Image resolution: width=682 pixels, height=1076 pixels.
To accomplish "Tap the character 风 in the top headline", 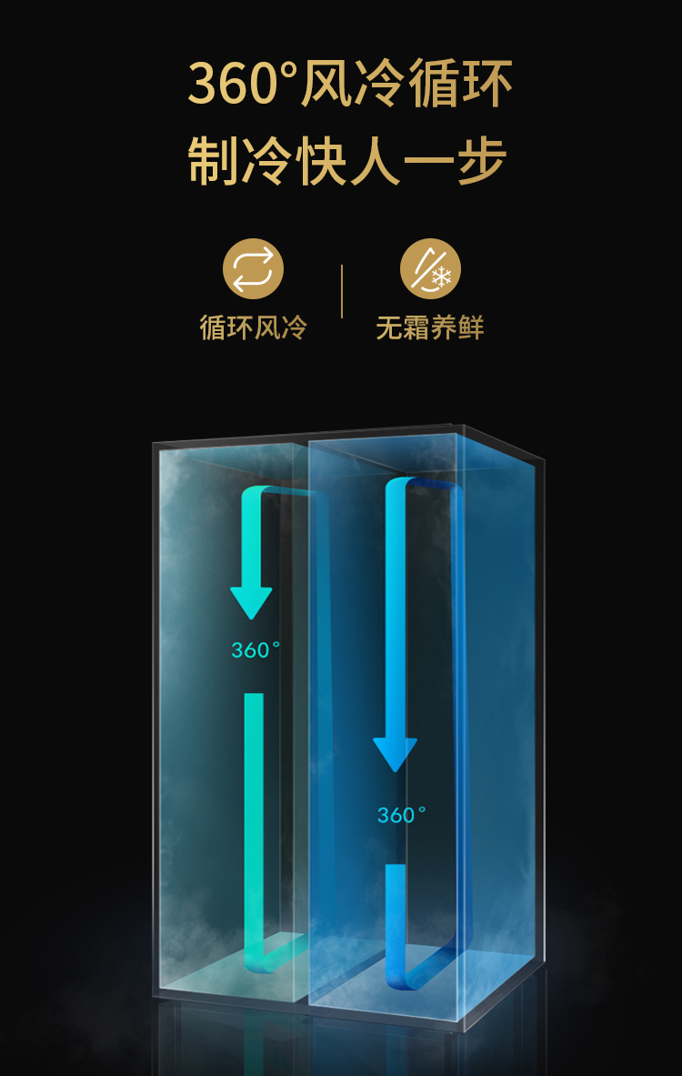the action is (x=326, y=85).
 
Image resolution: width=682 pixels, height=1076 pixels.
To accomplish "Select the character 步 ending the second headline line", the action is (x=481, y=163).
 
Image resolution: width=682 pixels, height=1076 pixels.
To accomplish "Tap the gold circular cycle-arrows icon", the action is (x=253, y=268).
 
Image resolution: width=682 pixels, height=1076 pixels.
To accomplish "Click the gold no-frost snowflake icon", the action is (x=430, y=268).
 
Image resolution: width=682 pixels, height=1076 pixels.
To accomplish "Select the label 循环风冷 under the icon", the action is (x=253, y=327).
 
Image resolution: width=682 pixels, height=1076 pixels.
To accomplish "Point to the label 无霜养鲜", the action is (x=430, y=327).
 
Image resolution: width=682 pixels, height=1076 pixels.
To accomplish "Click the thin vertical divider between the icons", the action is (x=342, y=291).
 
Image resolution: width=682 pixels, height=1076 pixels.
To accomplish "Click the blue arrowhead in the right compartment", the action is (x=395, y=754).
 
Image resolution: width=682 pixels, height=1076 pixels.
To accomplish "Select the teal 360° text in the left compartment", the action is (x=256, y=650).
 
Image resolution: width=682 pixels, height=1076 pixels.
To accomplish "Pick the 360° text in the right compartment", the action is (x=401, y=815).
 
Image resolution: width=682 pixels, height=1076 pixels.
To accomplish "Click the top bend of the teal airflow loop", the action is (x=282, y=493).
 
